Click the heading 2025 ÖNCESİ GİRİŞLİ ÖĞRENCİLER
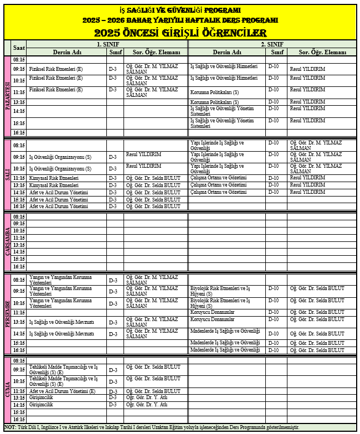point(180,33)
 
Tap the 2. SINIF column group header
point(272,44)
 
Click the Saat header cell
point(19,48)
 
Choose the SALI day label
point(7,174)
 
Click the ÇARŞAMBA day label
point(7,241)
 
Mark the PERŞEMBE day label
point(7,314)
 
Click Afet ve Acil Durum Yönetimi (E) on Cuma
point(62,391)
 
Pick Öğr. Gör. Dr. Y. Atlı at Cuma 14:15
point(147,405)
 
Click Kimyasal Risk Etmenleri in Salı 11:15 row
point(54,178)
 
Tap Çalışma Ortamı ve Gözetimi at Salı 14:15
point(218,192)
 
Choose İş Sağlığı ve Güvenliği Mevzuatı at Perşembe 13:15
point(61,322)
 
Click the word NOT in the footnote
point(10,427)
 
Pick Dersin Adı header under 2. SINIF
point(228,52)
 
